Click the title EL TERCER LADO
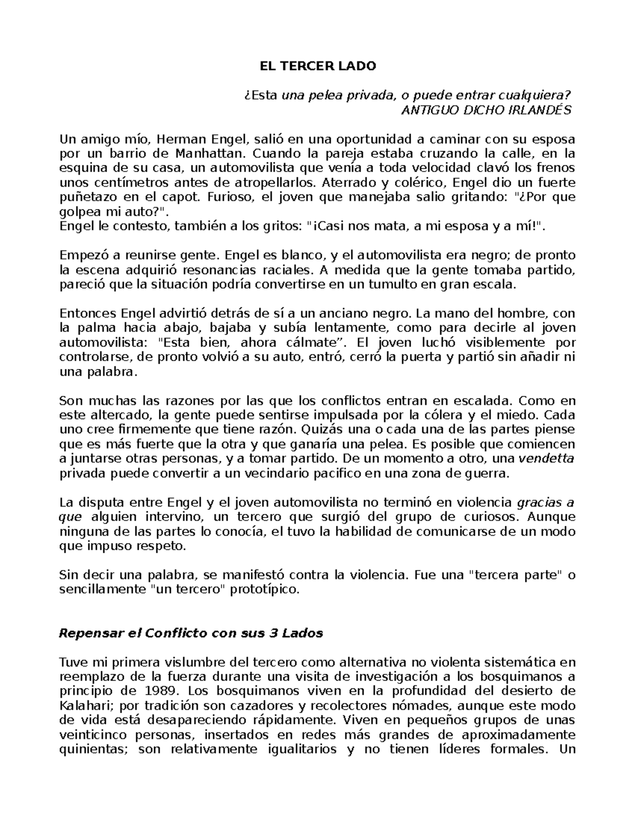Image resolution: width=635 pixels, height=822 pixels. tap(317, 66)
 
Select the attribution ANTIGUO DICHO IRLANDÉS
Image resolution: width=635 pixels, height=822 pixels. tap(486, 110)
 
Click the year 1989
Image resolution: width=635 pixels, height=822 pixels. tap(159, 691)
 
